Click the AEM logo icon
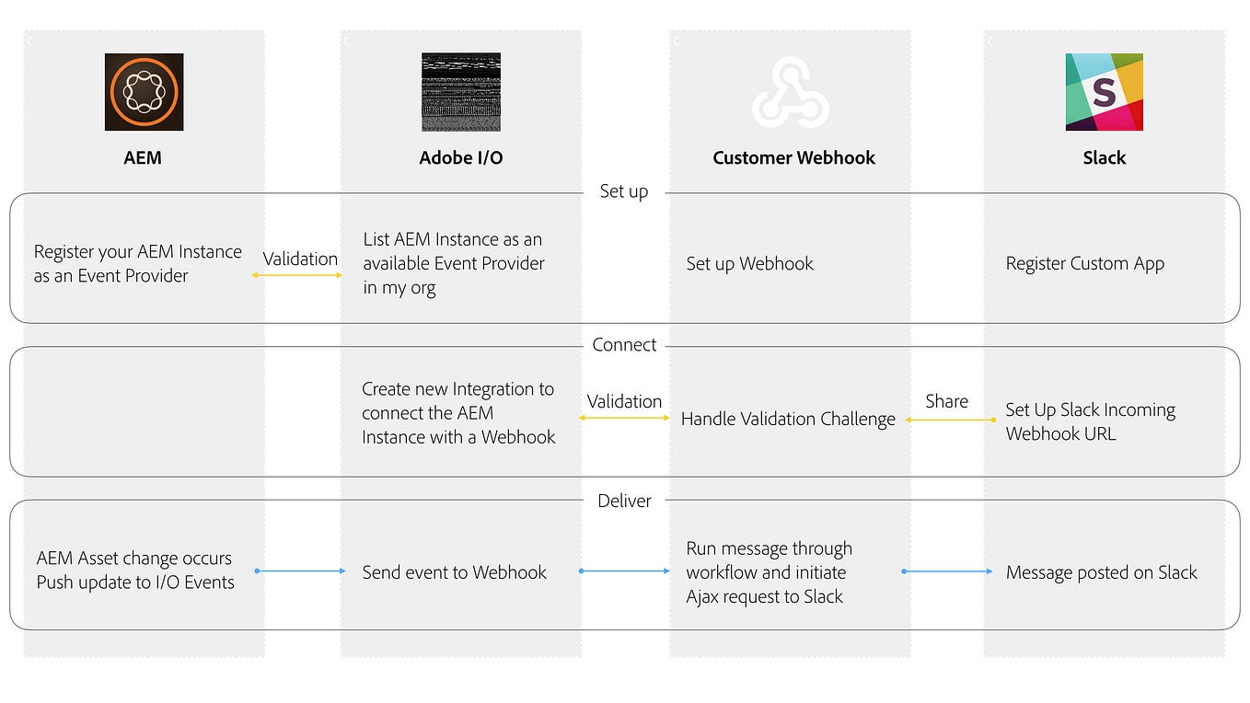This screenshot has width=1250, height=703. click(144, 92)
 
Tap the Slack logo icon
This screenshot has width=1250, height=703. click(1104, 92)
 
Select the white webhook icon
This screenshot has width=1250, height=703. click(790, 93)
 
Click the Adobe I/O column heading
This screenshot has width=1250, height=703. click(460, 157)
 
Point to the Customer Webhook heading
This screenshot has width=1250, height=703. click(793, 157)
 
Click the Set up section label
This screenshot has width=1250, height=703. click(624, 191)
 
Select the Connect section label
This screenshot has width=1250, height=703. click(624, 345)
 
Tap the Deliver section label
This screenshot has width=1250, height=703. click(624, 501)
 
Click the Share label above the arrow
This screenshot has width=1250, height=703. click(946, 401)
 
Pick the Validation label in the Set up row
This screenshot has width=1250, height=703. click(300, 259)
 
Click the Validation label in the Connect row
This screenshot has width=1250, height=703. click(624, 401)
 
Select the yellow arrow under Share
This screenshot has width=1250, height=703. click(950, 420)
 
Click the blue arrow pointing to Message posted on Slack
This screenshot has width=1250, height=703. click(947, 571)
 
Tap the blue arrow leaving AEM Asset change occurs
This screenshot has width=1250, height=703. click(300, 571)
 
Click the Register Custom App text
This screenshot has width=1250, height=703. click(1084, 264)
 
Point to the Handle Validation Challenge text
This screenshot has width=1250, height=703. click(788, 420)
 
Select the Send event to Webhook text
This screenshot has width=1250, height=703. click(454, 572)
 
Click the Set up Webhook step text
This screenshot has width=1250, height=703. click(749, 264)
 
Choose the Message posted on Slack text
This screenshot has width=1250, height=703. click(1101, 572)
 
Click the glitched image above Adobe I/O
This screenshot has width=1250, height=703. click(460, 92)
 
